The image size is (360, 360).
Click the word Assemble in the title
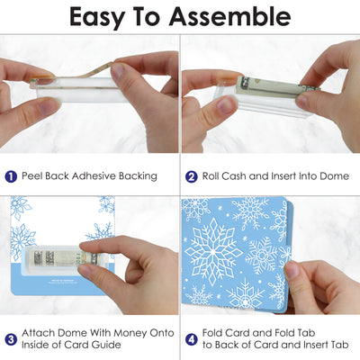point(229,16)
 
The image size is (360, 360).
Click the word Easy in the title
point(96,18)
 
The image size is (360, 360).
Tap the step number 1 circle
point(11,176)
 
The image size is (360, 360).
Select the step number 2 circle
point(192,176)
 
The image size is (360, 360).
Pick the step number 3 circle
point(11,339)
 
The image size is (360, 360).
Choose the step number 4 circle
point(192,339)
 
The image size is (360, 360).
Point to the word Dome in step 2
point(334,175)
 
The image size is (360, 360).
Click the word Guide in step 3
point(106,345)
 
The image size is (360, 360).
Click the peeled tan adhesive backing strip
point(72,75)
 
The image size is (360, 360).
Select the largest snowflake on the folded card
point(213,251)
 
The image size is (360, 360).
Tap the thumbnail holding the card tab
point(291,270)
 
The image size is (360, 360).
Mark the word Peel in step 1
point(32,175)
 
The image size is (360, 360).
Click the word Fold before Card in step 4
point(212,333)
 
